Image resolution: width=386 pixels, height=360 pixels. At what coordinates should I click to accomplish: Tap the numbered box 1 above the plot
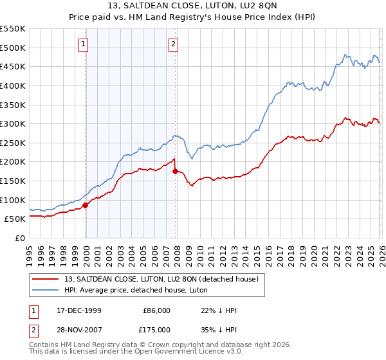84,44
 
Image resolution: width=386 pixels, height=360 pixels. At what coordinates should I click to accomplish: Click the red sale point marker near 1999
86,205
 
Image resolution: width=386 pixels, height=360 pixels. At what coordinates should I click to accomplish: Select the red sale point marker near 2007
176,171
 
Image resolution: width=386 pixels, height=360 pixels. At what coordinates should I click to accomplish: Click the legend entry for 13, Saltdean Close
161,279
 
